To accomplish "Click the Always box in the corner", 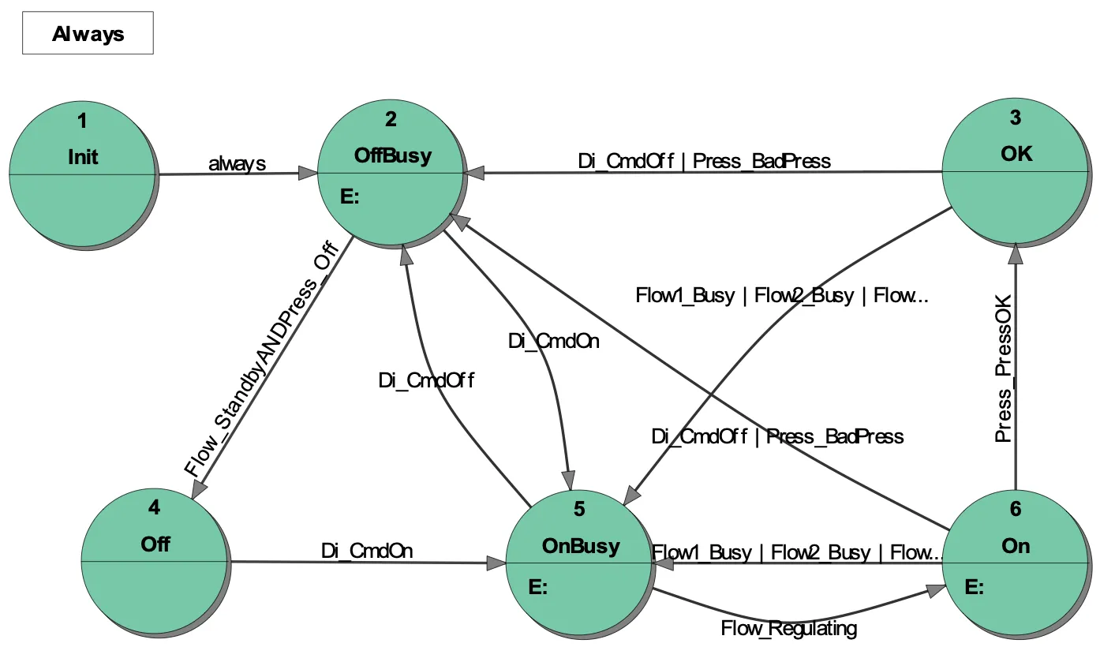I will pyautogui.click(x=88, y=35).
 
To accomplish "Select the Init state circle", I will pyautogui.click(x=82, y=173).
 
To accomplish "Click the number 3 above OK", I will pyautogui.click(x=1015, y=118).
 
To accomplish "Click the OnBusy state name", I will pyautogui.click(x=581, y=546).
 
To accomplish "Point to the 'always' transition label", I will pyautogui.click(x=237, y=164).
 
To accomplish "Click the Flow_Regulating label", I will pyautogui.click(x=788, y=629).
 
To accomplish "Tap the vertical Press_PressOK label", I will pyautogui.click(x=1003, y=380).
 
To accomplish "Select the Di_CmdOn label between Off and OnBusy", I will pyautogui.click(x=367, y=551).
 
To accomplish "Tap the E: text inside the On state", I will pyautogui.click(x=974, y=587).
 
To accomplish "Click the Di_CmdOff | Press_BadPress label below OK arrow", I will pyautogui.click(x=777, y=436).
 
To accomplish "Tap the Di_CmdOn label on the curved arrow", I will pyautogui.click(x=553, y=341).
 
